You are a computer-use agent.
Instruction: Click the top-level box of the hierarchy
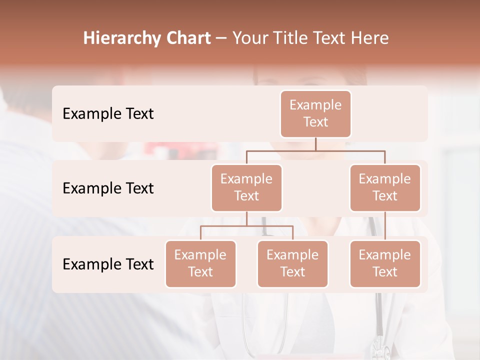315,113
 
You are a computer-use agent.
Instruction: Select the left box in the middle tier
246,187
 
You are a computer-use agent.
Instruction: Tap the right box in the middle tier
385,187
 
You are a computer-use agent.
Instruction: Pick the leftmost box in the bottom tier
200,263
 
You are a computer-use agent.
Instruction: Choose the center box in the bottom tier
292,263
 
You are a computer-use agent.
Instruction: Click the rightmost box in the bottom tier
385,263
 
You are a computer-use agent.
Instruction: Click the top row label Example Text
108,113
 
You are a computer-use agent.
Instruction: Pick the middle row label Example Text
108,188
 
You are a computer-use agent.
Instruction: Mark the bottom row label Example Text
108,264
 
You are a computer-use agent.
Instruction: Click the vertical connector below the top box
315,144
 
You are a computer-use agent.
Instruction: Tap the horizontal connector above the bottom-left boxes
246,226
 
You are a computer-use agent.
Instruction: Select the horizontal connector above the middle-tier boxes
315,150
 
